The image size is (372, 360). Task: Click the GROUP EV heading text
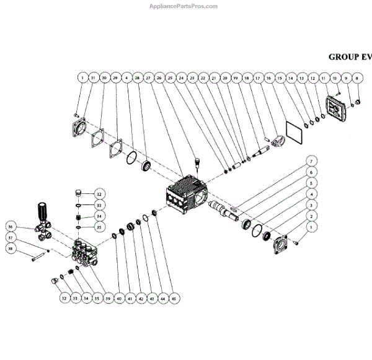coord(350,56)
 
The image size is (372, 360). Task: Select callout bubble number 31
coord(94,78)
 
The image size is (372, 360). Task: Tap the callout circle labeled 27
coord(148,78)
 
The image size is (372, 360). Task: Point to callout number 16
coord(268,78)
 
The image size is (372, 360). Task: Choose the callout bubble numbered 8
coord(357,78)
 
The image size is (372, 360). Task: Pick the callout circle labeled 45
coord(174,298)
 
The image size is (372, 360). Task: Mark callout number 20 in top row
coord(226,78)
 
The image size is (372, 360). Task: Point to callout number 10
coord(335,78)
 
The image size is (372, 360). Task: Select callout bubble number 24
coord(182,78)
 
